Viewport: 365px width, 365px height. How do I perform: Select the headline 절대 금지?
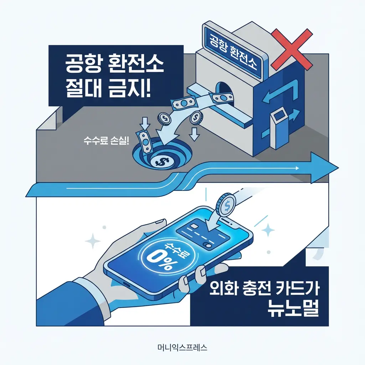pos(108,88)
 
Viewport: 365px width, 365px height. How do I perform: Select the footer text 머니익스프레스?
pos(182,347)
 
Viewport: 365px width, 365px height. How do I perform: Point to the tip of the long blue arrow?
pos(336,167)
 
